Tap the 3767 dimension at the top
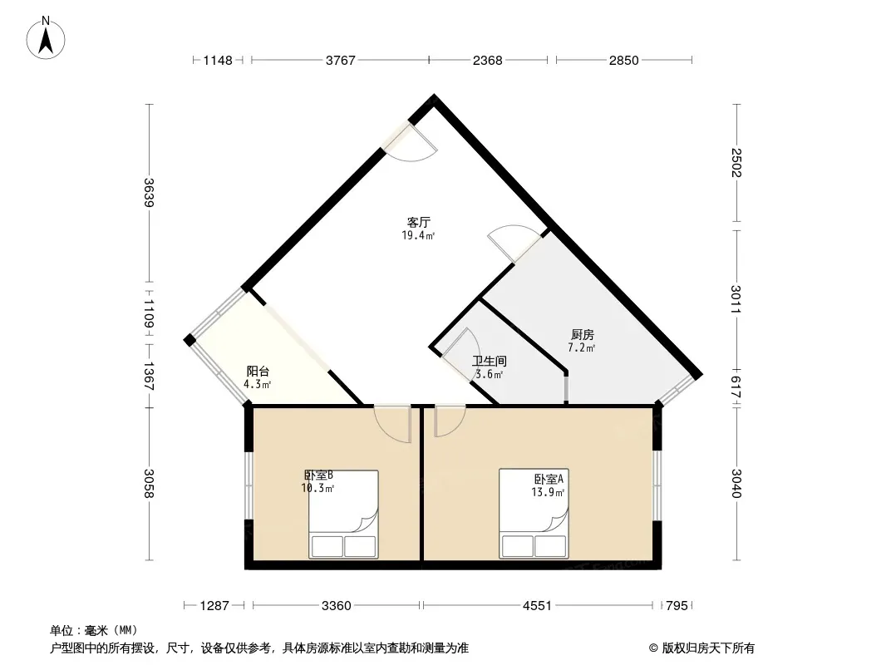coord(340,61)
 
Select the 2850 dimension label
coord(624,61)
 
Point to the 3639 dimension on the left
coord(149,193)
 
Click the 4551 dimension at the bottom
coord(537,606)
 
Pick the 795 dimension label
coord(677,606)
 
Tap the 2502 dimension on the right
coord(736,163)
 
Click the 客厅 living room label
coord(419,222)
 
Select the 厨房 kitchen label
coord(582,335)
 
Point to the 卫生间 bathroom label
coord(490,361)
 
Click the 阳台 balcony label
coord(258,372)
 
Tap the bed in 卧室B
coord(343,515)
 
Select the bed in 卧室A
coord(534,514)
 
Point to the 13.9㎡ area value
coord(548,492)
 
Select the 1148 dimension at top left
coord(218,61)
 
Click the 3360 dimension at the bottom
coord(337,606)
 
